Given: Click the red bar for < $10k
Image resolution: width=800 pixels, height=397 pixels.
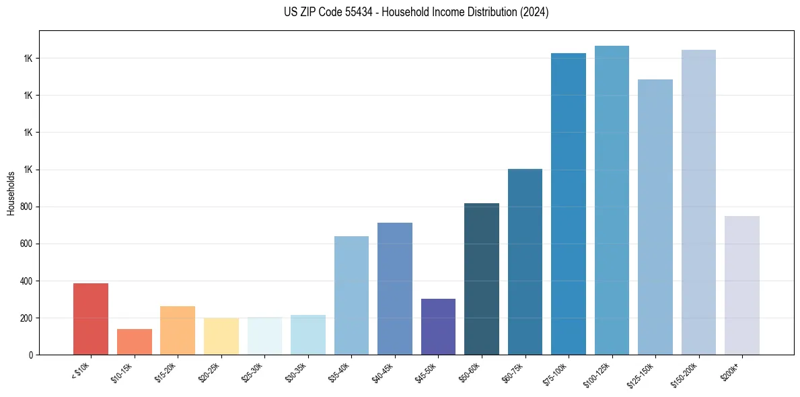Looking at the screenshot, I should pos(91,319).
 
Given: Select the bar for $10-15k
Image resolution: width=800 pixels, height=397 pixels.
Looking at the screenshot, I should pos(134,342).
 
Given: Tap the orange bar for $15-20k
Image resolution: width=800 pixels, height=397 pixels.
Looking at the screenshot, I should pos(178,330).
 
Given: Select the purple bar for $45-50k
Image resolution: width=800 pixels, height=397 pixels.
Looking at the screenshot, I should pos(438,327).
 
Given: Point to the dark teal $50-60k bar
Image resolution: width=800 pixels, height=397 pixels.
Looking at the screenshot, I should pos(482,279).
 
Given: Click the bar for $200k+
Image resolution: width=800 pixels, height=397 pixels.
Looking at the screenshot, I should pos(741,285).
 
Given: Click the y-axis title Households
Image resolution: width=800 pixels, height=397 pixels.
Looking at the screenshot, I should pos(11,193).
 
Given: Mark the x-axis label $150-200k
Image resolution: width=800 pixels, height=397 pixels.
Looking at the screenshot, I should pos(685,373).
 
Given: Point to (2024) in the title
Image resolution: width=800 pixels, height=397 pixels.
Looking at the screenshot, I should pos(534,12).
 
